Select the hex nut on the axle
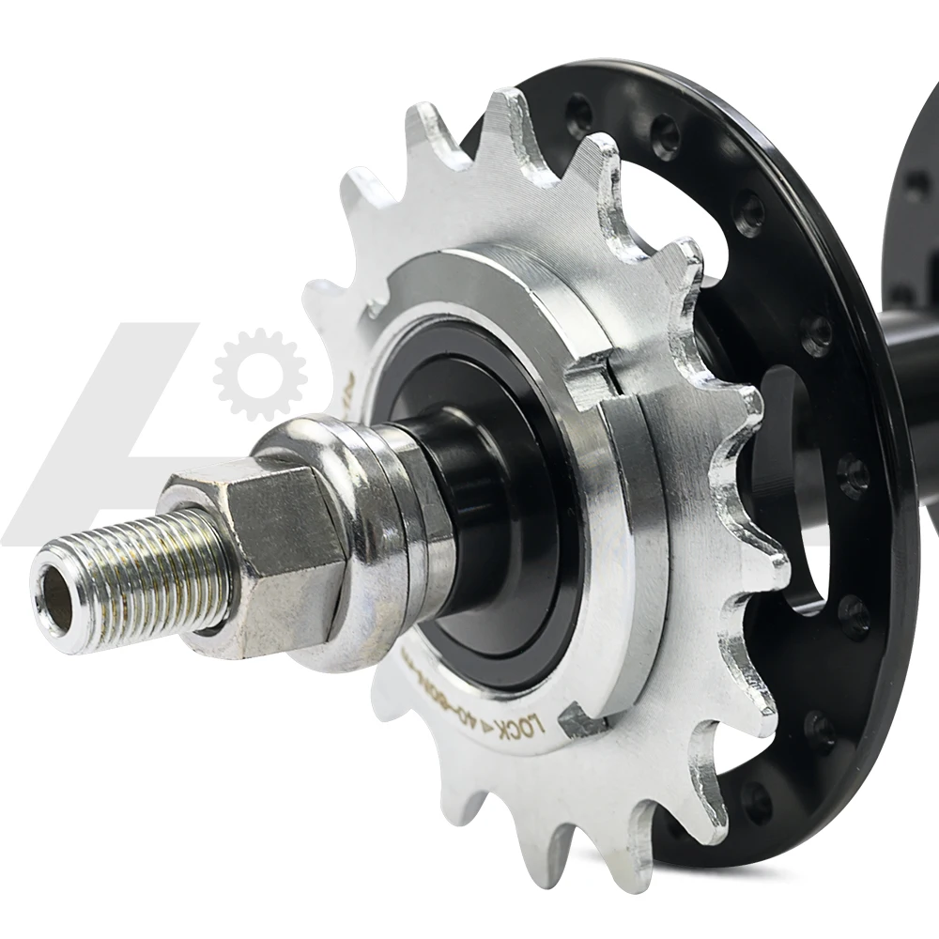click(x=272, y=554)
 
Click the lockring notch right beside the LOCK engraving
click(x=580, y=721)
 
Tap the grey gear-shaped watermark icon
click(x=259, y=374)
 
